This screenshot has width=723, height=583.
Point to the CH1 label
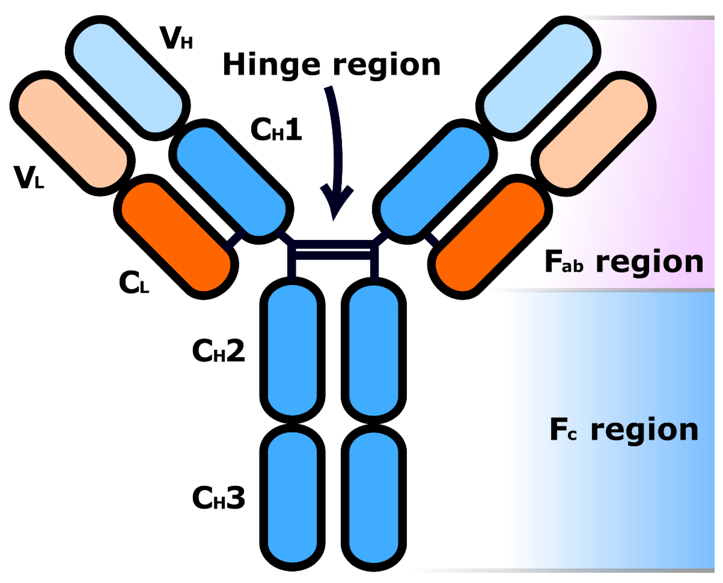pos(276,130)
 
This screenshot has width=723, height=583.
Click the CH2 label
pos(219,351)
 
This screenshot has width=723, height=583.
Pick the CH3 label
pos(219,498)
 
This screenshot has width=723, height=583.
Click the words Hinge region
pos(332,65)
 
